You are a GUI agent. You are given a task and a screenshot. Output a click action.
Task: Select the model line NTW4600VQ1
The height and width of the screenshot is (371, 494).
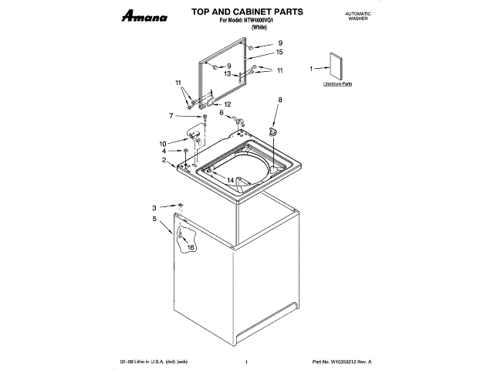point(245,21)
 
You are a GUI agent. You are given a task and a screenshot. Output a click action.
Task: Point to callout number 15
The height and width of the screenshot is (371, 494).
point(279,52)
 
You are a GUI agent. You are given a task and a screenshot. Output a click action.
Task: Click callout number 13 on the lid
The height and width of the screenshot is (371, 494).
point(228,74)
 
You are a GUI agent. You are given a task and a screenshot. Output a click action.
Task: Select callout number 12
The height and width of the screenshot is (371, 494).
point(227,104)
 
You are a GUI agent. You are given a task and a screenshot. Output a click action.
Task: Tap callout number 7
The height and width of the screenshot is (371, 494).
point(171,116)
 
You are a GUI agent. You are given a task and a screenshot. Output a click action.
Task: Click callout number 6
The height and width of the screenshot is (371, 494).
point(222,113)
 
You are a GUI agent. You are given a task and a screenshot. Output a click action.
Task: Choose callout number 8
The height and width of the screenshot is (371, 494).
point(280,100)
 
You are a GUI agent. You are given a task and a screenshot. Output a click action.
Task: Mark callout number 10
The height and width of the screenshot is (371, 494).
point(163,144)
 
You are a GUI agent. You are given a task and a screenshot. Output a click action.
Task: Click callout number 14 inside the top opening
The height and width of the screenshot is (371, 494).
point(230,180)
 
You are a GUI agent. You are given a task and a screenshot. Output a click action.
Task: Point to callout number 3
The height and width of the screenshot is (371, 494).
point(154,208)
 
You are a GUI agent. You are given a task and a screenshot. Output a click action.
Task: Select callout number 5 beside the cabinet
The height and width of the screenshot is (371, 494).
point(154,220)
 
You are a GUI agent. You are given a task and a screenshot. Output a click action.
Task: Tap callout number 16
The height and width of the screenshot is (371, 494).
point(191,247)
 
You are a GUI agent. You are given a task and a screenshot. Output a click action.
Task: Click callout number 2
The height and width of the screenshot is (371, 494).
point(164,160)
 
